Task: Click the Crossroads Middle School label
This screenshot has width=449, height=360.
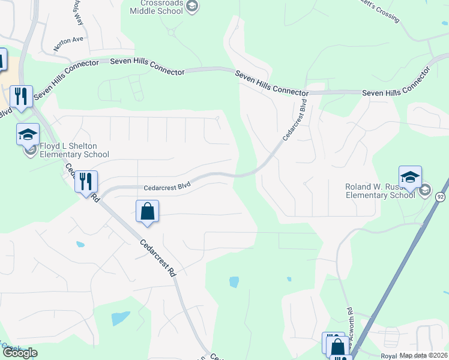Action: [x=157, y=7]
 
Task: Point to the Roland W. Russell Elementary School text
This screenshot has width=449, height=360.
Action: [x=380, y=190]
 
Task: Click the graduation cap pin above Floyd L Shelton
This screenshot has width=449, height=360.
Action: [x=28, y=135]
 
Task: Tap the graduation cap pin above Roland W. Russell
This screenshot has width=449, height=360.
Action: [x=410, y=177]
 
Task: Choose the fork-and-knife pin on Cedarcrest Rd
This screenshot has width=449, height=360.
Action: [x=86, y=181]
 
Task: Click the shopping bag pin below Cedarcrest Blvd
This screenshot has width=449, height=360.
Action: [x=147, y=212]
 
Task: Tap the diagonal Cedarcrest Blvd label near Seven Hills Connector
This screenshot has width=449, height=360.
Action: [x=295, y=122]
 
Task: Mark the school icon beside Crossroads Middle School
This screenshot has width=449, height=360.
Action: [x=192, y=7]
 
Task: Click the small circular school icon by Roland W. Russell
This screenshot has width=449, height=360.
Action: [x=425, y=190]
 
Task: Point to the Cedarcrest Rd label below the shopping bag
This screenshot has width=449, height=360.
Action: [x=159, y=257]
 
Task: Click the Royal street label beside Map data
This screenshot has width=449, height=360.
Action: [x=389, y=356]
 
